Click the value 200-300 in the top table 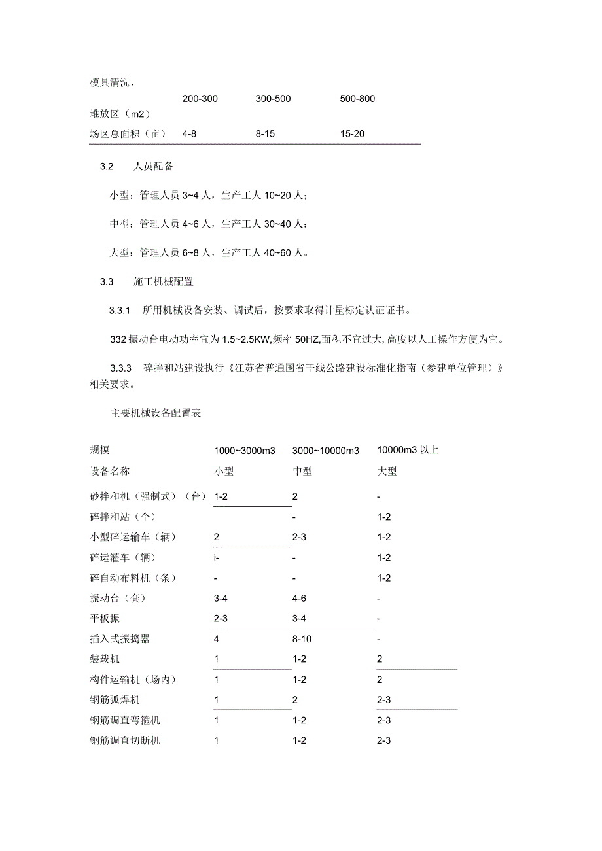(200, 99)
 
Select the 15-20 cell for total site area (352, 134)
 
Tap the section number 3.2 (107, 167)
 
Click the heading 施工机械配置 (163, 282)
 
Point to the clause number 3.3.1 (120, 309)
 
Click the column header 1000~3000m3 (245, 451)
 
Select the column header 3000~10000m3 (326, 451)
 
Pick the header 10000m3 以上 (408, 450)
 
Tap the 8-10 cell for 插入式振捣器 (302, 639)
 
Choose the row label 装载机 (105, 659)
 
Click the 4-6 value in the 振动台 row (300, 599)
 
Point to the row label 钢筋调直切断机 (125, 740)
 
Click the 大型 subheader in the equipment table (387, 471)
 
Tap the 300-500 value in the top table (274, 99)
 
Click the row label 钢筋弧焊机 (115, 700)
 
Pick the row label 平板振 (105, 619)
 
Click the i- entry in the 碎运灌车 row (217, 558)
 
